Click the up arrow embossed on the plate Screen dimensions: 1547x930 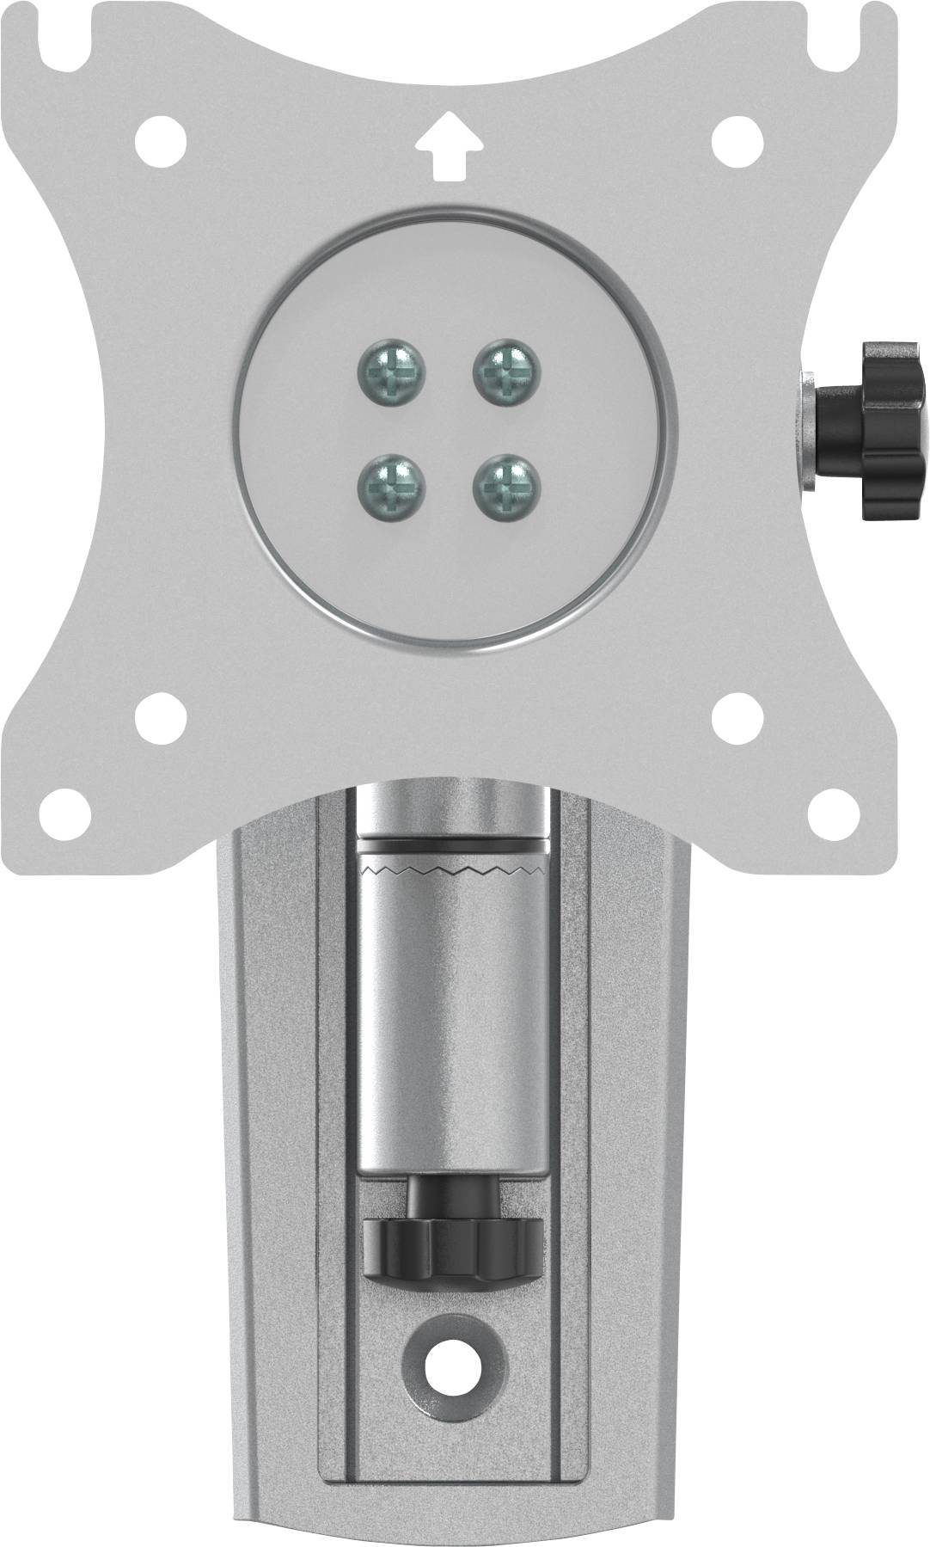449,149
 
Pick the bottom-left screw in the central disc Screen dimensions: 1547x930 391,488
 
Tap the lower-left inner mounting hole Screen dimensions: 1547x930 161,715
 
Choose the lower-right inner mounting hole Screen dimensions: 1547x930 739,715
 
